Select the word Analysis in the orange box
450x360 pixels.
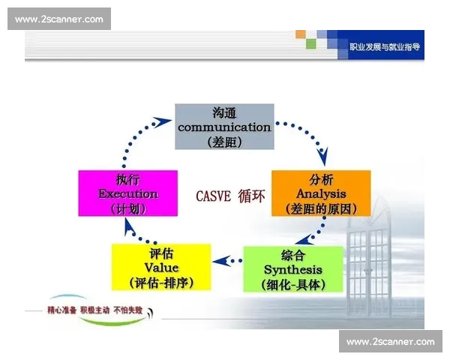click(x=320, y=193)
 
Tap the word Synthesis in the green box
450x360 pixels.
click(x=293, y=269)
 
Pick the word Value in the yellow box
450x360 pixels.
click(x=161, y=268)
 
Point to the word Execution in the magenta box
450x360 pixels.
click(x=127, y=193)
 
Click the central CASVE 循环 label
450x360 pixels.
click(x=230, y=195)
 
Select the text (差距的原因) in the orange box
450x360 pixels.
click(x=320, y=208)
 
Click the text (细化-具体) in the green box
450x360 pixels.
click(x=293, y=284)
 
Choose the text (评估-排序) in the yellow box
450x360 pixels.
click(x=161, y=283)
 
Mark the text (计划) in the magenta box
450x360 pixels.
click(x=127, y=208)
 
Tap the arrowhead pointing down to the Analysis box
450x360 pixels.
click(x=323, y=159)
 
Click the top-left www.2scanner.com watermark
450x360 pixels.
click(x=59, y=19)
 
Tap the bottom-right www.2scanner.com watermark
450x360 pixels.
click(x=390, y=341)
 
